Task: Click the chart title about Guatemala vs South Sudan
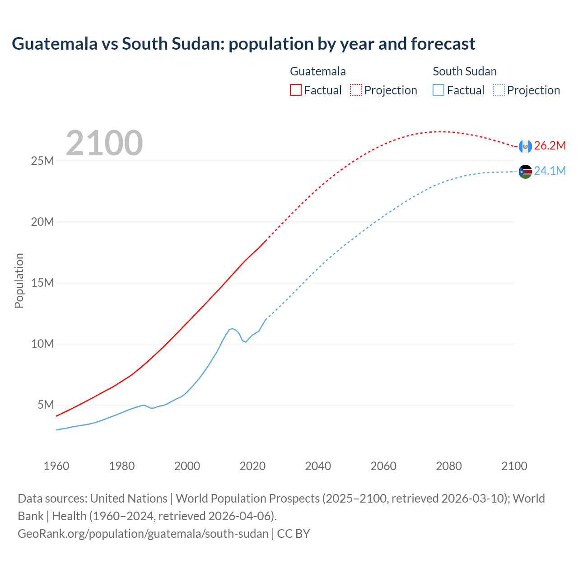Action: (243, 44)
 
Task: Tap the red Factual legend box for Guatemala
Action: (296, 90)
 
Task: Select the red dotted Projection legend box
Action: (356, 90)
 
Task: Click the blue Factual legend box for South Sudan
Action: (438, 90)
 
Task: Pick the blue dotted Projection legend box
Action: (499, 90)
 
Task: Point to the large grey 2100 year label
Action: (104, 143)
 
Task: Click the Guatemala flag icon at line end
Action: (525, 146)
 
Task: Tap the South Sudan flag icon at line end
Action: (525, 172)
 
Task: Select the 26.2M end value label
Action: (550, 145)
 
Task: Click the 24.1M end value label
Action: (550, 171)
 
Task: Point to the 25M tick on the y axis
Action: (42, 161)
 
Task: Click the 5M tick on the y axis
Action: (46, 405)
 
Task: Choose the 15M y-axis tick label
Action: (42, 283)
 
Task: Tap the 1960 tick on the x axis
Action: (56, 466)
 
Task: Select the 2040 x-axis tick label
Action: (318, 466)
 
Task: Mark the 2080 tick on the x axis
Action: (449, 466)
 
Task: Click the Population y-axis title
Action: (19, 280)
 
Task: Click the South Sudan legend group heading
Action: (465, 71)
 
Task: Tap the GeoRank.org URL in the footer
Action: (143, 534)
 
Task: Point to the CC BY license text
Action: (294, 534)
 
